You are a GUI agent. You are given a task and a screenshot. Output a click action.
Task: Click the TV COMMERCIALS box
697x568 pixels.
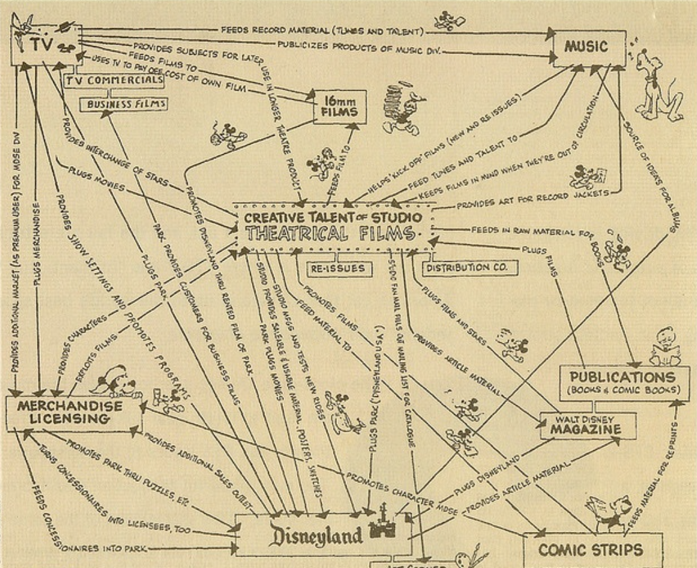[x=114, y=81]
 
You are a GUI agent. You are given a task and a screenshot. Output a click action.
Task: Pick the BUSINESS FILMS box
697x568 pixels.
[x=123, y=104]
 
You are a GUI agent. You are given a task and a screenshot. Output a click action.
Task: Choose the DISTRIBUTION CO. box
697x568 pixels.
[x=469, y=268]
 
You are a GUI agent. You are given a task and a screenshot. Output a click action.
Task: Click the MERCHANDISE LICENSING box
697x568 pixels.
[x=74, y=412]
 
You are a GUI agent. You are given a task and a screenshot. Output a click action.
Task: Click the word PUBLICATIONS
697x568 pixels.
[x=621, y=377]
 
